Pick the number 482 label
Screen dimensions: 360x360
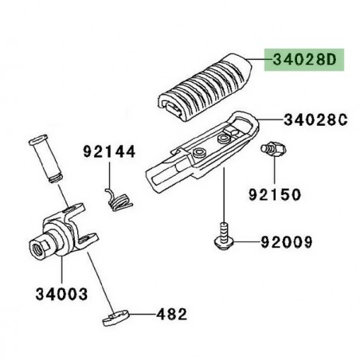coord(170,313)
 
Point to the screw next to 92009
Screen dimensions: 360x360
coord(224,236)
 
